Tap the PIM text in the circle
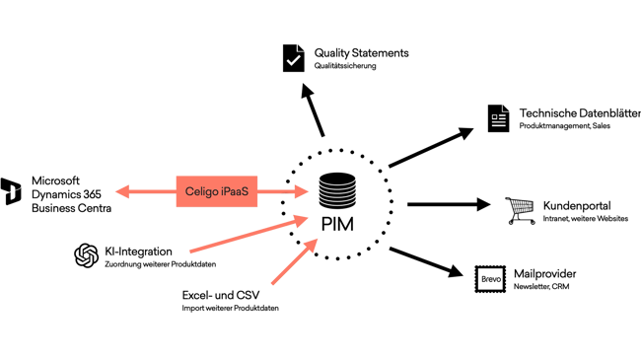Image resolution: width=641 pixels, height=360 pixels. pyautogui.click(x=337, y=222)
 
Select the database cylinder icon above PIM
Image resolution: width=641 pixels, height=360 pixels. pyautogui.click(x=336, y=188)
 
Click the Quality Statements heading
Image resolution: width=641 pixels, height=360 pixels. pyautogui.click(x=362, y=51)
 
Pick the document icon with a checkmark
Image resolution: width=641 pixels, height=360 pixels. pyautogui.click(x=293, y=59)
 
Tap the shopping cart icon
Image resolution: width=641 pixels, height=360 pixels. pyautogui.click(x=518, y=207)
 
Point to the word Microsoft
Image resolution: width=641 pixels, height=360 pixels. pyautogui.click(x=55, y=180)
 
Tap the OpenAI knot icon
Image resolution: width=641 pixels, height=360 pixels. pyautogui.click(x=86, y=255)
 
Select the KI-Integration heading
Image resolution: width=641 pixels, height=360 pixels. pyautogui.click(x=138, y=252)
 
